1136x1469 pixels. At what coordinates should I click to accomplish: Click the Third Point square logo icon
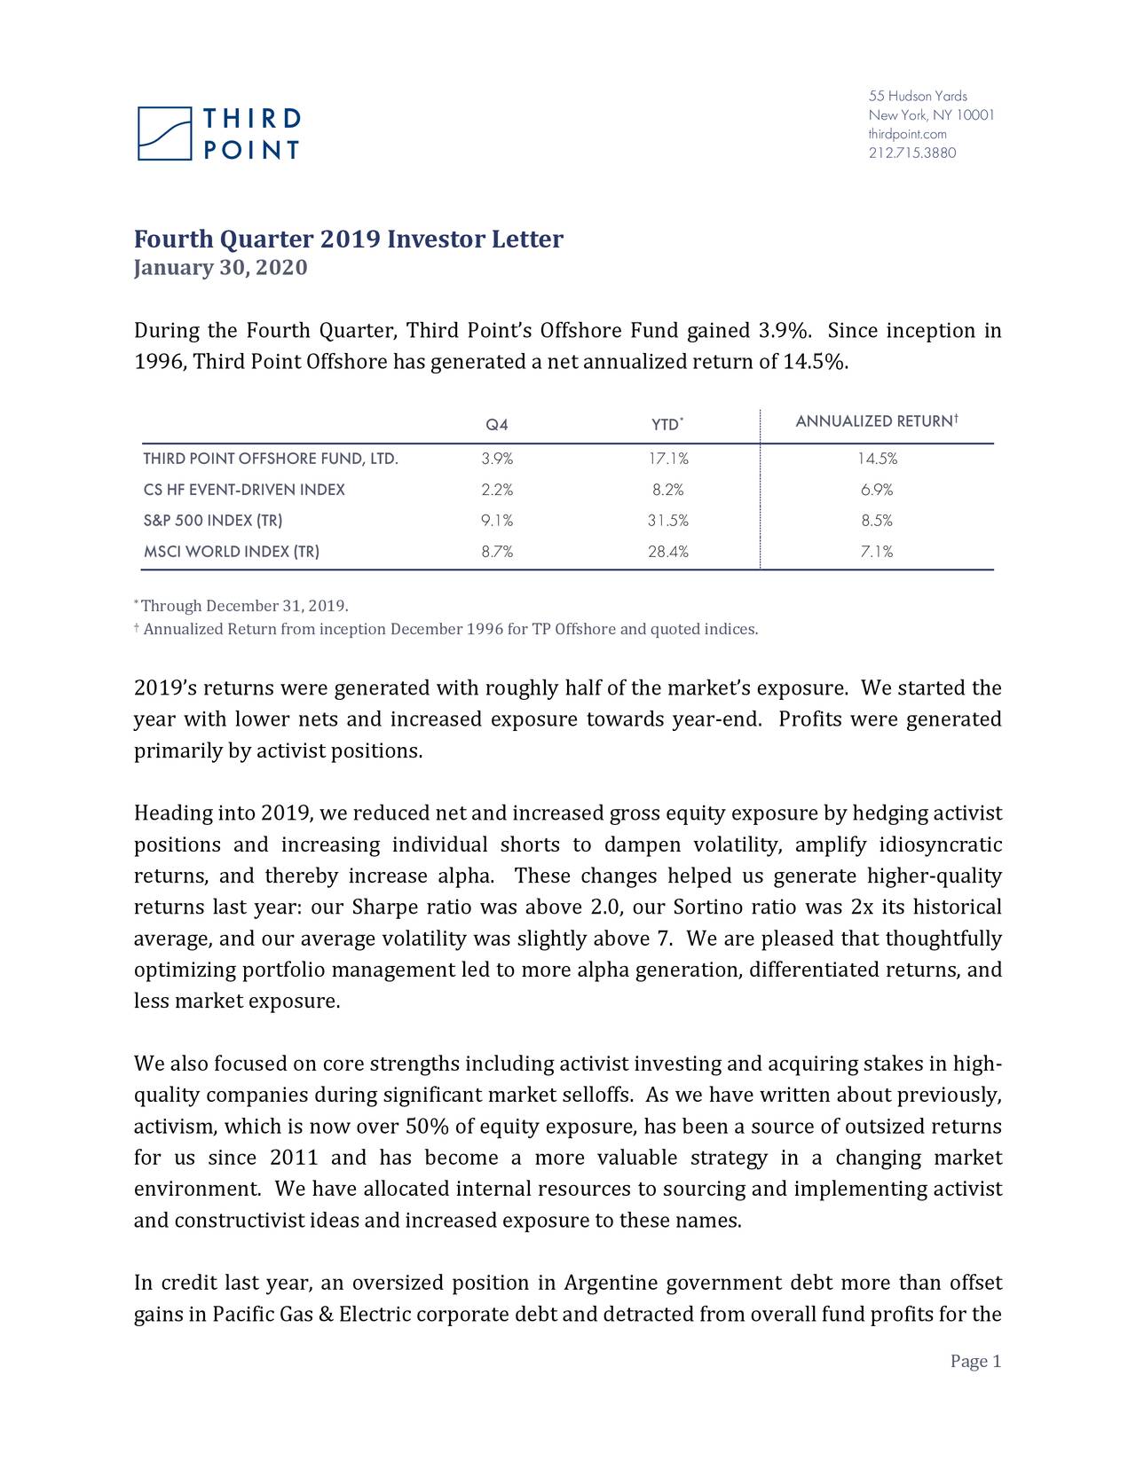click(164, 134)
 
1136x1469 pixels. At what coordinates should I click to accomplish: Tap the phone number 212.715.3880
click(911, 153)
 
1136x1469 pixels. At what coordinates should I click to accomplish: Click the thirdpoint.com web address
click(907, 134)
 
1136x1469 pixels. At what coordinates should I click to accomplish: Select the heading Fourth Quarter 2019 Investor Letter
click(348, 240)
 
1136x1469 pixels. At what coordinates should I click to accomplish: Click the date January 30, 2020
click(220, 268)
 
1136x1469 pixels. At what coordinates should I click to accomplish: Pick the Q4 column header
click(497, 425)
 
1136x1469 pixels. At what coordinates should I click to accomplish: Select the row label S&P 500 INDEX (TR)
click(213, 521)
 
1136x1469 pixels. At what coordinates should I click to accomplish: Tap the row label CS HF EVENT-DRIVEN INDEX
click(244, 490)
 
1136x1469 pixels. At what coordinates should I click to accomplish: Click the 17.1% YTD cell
click(667, 459)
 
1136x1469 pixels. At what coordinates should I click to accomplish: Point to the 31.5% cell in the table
click(667, 521)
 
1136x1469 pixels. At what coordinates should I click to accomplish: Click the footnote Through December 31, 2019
click(244, 607)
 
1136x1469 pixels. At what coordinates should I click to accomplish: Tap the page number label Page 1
click(975, 1362)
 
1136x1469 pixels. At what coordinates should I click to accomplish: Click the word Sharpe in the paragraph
click(386, 908)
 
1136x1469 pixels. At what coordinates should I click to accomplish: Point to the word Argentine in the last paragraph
click(611, 1284)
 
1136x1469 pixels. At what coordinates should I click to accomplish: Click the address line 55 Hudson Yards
click(917, 96)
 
